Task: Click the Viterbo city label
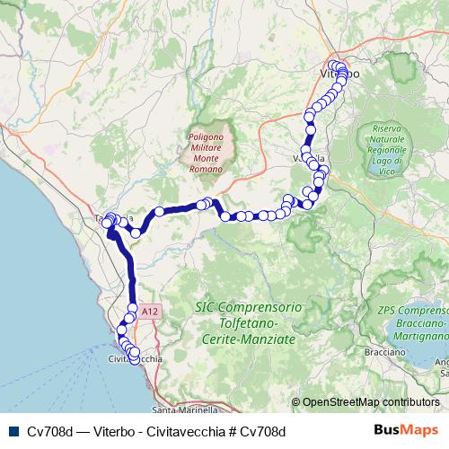click(339, 72)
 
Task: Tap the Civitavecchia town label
click(135, 359)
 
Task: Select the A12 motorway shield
click(150, 312)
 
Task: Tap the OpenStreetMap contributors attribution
click(371, 401)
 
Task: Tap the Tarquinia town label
click(115, 218)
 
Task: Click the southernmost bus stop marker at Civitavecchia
click(135, 361)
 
